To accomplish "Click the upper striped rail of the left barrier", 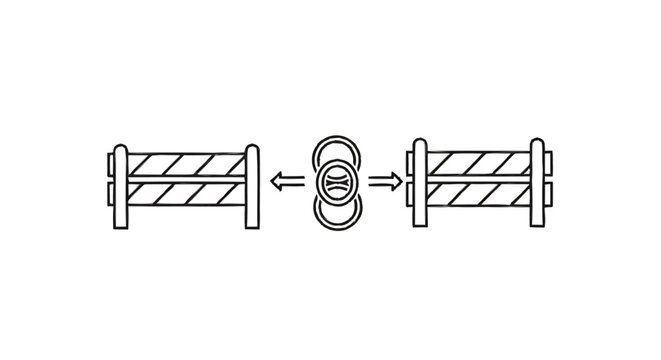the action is click(x=185, y=163).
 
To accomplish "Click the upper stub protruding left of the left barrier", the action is click(x=109, y=163).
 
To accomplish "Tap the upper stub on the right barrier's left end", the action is click(x=408, y=163).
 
